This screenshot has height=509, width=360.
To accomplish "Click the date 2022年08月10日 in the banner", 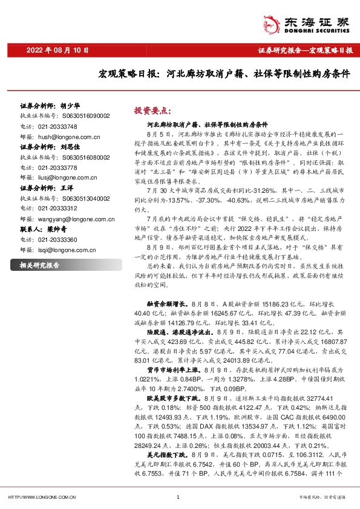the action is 58,50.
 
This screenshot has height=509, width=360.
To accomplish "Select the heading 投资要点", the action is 153,111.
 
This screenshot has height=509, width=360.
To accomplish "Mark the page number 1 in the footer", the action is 180,497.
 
